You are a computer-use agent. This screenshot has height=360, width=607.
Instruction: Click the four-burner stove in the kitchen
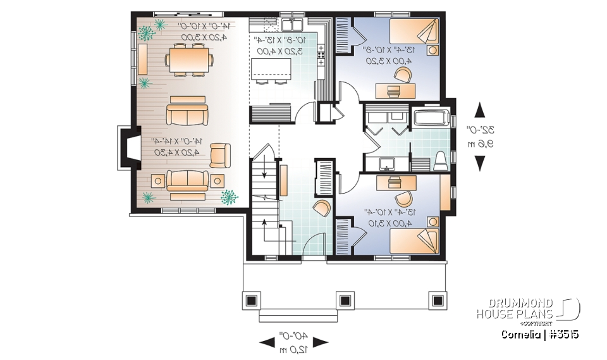[x=321, y=55]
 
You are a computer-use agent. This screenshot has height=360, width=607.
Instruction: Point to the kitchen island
[x=272, y=68]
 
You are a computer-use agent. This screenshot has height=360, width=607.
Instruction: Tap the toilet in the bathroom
[x=441, y=160]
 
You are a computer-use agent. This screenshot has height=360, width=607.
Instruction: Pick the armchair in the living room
[x=220, y=154]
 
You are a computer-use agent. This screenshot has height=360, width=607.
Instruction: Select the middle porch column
[x=345, y=300]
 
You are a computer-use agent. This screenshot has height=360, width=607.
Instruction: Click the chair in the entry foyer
[x=321, y=209]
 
